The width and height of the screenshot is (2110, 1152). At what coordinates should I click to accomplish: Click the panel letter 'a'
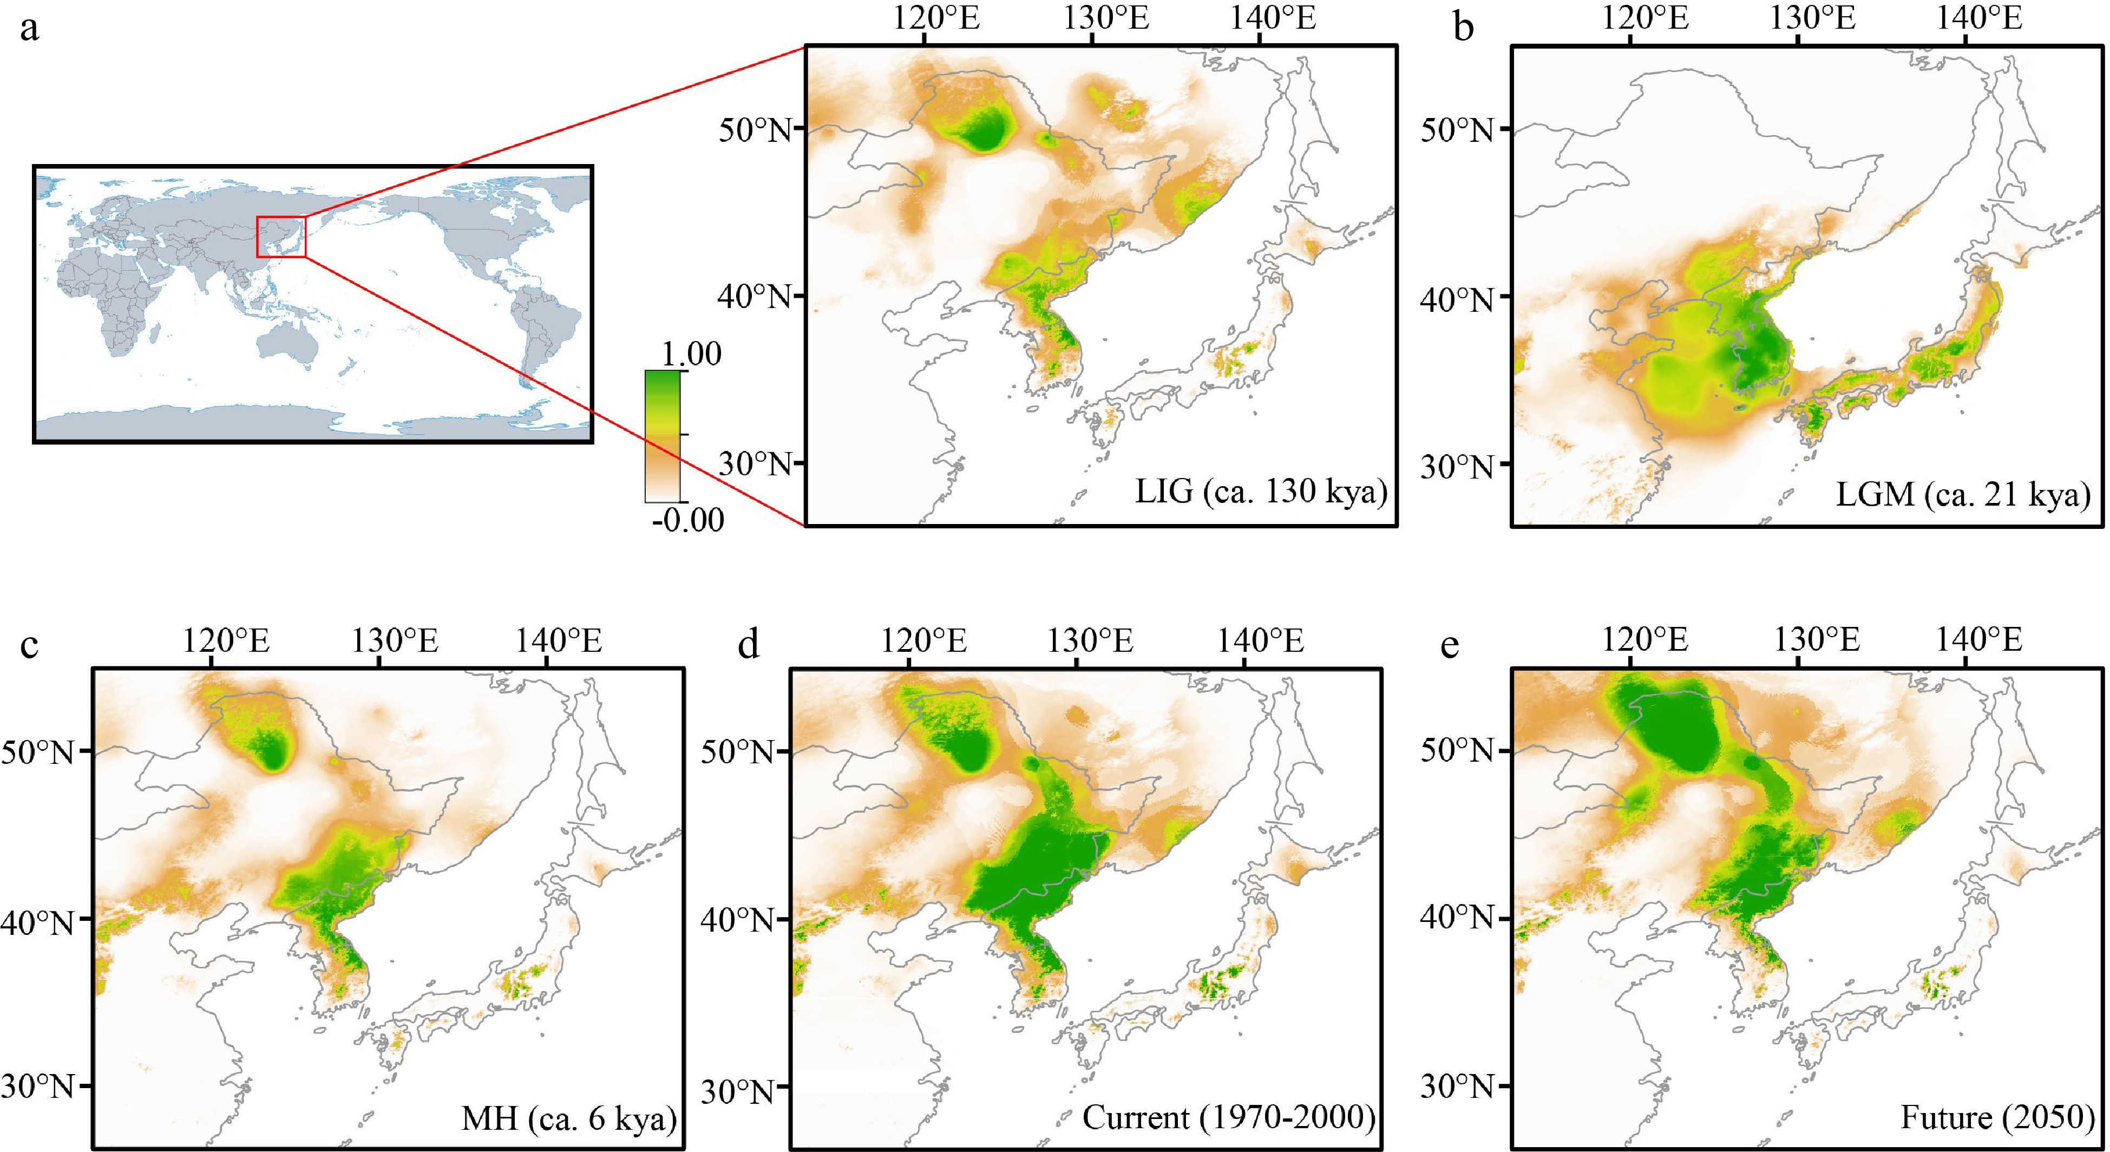pos(29,29)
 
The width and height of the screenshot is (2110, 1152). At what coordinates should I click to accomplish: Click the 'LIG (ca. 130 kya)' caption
pos(1261,492)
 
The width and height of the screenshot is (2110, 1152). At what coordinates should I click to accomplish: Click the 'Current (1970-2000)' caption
pos(1229,1117)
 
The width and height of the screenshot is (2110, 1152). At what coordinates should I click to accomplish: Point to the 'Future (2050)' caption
pos(1997,1117)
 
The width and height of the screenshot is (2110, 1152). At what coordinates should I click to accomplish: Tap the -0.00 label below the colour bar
pos(688,520)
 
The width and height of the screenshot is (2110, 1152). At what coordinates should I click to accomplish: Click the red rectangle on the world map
pos(281,237)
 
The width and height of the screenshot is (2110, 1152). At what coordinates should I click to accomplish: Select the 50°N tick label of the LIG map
pos(755,129)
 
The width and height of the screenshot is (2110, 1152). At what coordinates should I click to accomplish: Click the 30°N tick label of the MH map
pos(36,1086)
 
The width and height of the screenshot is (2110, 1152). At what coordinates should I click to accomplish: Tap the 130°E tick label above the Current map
pos(1090,640)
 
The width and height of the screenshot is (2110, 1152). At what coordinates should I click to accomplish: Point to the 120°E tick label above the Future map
pos(1646,640)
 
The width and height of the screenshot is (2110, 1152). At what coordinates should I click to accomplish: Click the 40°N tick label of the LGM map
pos(1458,299)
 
